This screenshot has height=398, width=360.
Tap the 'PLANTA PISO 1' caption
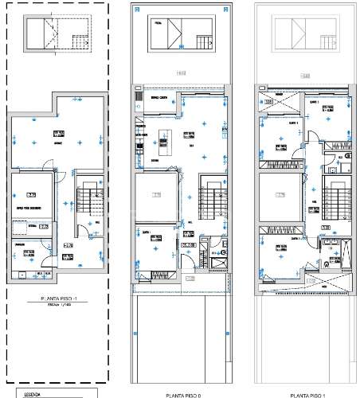coord(306,394)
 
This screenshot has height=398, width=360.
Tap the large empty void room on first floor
coord(275,197)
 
